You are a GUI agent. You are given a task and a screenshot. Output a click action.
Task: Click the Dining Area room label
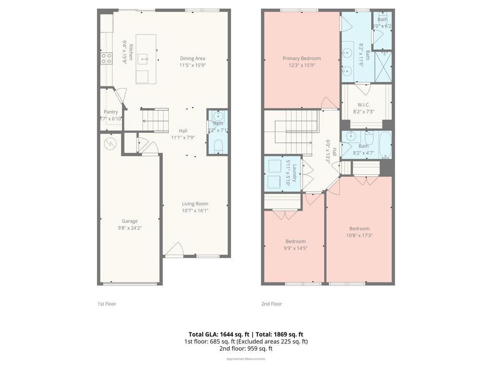tap(192, 59)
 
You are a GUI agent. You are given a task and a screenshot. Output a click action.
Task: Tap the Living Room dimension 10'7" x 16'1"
tap(195, 210)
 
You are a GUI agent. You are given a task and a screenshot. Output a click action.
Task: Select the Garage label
tap(129, 221)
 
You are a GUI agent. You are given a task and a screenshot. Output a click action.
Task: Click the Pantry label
tap(111, 112)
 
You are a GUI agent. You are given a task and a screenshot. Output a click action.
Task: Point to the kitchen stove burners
tap(106, 59)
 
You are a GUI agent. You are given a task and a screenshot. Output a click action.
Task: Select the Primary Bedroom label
tap(301, 59)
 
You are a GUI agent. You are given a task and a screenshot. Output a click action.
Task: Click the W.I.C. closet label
tap(363, 105)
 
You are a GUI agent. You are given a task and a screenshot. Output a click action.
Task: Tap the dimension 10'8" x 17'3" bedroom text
tap(359, 235)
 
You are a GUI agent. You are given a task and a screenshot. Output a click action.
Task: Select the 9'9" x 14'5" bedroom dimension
tap(295, 248)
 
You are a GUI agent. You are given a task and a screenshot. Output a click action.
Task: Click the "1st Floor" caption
tap(107, 304)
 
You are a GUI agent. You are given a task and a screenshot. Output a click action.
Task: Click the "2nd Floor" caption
tap(271, 304)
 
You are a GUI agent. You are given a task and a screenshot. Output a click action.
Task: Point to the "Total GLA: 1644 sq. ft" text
tap(219, 334)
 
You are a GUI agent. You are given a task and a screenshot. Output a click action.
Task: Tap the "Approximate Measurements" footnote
tap(246, 358)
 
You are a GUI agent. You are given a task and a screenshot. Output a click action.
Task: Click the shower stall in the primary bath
tap(383, 67)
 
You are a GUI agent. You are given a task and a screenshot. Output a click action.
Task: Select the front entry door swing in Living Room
tap(175, 249)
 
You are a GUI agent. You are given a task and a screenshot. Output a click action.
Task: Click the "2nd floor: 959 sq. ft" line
tap(246, 348)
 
